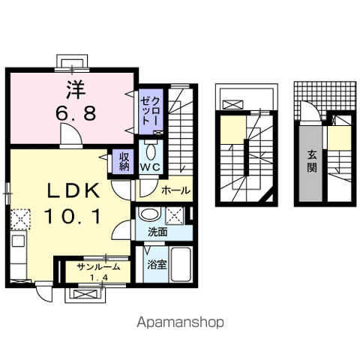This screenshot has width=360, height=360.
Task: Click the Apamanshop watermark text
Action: (180, 322)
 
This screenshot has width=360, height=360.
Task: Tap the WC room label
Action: (150, 167)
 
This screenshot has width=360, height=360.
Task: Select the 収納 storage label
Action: (124, 161)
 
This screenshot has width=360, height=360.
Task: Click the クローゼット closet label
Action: (149, 111)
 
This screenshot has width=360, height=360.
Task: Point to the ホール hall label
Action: (176, 191)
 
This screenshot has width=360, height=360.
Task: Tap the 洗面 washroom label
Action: (157, 232)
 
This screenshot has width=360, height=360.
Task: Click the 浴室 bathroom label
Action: (157, 265)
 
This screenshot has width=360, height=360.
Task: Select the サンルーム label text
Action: (98, 267)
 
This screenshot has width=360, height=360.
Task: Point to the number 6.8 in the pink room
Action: (76, 113)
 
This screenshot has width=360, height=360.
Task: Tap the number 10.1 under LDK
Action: (73, 217)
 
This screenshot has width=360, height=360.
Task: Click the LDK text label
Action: (74, 190)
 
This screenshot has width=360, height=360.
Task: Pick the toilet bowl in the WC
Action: (151, 151)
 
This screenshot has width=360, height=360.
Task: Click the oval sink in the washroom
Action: (149, 214)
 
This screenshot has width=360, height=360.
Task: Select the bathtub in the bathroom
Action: (181, 264)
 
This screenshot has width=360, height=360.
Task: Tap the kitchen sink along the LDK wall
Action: (19, 241)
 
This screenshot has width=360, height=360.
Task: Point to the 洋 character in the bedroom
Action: (76, 90)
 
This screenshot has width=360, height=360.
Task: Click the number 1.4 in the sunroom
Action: (99, 277)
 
